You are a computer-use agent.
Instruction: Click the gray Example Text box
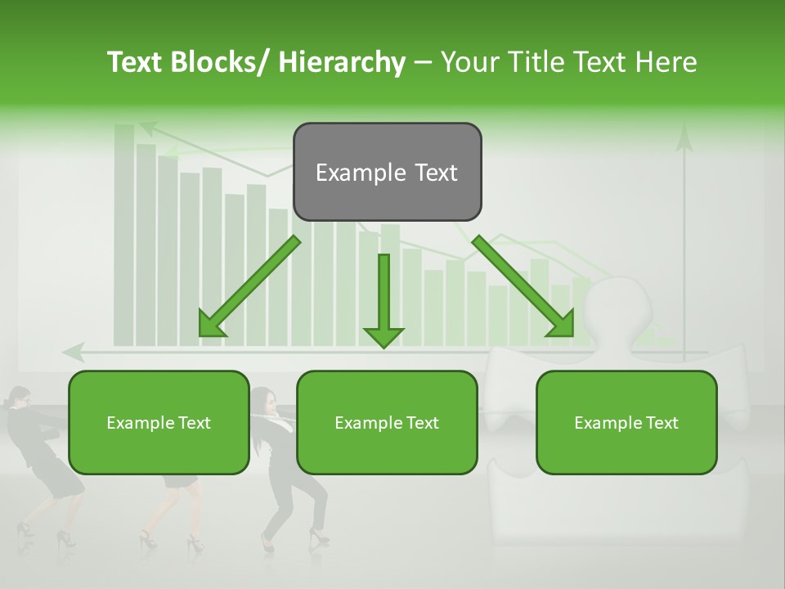387,172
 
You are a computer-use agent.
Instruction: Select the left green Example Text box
159,422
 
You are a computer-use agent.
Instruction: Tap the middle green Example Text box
387,422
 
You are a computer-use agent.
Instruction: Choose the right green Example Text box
626,422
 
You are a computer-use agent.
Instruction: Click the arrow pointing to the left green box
249,287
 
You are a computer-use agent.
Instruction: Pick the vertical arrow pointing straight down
384,299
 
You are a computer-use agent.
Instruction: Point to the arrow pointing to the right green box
523,287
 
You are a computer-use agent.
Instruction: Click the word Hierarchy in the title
342,63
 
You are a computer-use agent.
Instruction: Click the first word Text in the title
136,63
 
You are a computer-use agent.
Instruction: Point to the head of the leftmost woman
18,398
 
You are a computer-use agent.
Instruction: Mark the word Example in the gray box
349,173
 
